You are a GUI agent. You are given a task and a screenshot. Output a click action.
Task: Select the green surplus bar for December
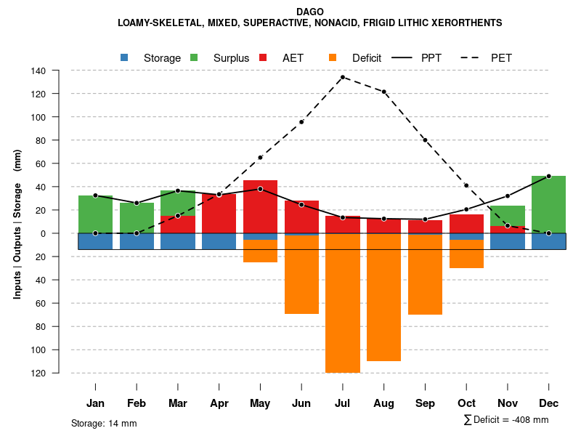pyautogui.click(x=548, y=204)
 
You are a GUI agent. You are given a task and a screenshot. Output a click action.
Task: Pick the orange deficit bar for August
pyautogui.click(x=383, y=297)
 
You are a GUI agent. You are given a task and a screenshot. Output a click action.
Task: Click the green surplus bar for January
pyautogui.click(x=95, y=214)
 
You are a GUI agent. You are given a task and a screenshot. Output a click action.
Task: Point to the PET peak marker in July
pyautogui.click(x=343, y=77)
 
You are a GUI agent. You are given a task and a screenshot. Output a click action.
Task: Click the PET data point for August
pyautogui.click(x=384, y=92)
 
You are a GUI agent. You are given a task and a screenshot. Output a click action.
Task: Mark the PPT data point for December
pyautogui.click(x=548, y=176)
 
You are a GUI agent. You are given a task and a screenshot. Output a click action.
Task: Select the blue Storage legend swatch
pyautogui.click(x=125, y=57)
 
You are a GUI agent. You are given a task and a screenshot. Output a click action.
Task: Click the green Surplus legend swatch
pyautogui.click(x=195, y=57)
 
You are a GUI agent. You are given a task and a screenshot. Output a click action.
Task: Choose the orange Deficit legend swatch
pyautogui.click(x=333, y=57)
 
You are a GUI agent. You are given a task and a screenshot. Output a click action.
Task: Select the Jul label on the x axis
pyautogui.click(x=343, y=403)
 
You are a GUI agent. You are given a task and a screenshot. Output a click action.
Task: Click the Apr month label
pyautogui.click(x=219, y=403)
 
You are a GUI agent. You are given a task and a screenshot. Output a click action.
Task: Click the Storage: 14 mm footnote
pyautogui.click(x=104, y=423)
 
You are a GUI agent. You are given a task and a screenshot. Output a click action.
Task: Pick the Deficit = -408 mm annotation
pyautogui.click(x=506, y=419)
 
